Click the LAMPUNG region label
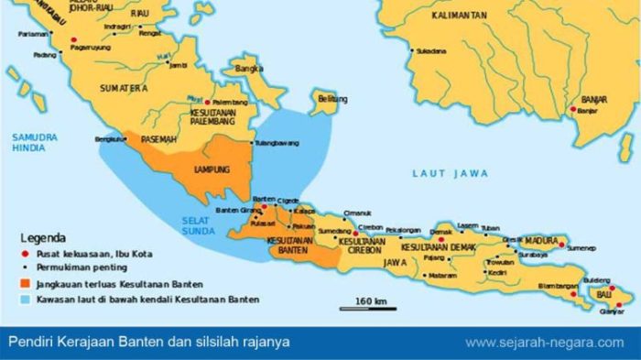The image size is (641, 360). point(212,169)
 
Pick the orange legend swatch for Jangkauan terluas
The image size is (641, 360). point(27,285)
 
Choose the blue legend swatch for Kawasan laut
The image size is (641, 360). point(27,299)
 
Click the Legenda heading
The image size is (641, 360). point(42,235)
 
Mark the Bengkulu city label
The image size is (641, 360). point(109,139)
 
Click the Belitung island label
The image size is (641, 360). point(325,98)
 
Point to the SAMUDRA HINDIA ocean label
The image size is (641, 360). point(35,142)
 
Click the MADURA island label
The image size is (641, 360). point(540,240)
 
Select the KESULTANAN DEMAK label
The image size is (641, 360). point(436,248)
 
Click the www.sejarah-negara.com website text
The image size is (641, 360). point(544,343)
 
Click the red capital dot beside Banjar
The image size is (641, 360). point(574,110)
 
